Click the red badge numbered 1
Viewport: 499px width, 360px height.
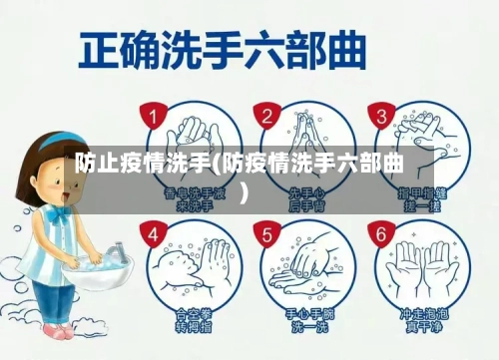tap(153, 118)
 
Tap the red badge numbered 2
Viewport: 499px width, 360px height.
tap(266, 117)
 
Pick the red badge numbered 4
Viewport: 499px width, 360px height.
tap(153, 235)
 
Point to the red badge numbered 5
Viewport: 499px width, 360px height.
tap(266, 235)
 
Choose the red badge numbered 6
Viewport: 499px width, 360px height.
tap(379, 235)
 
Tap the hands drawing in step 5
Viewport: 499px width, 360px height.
tap(308, 264)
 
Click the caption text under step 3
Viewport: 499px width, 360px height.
tap(421, 198)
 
